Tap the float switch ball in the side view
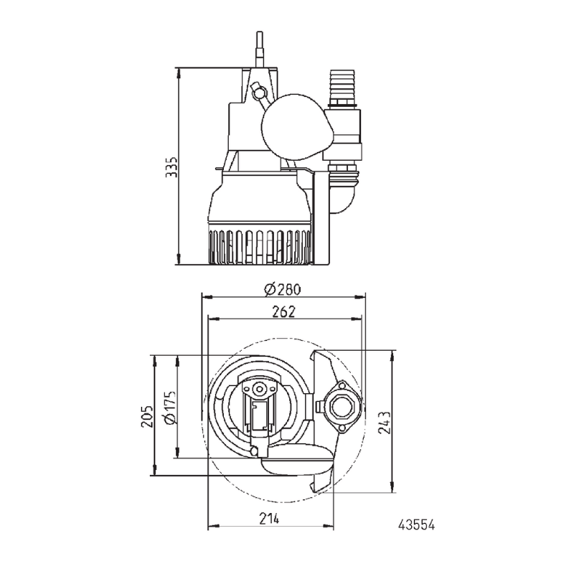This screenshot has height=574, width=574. [296, 127]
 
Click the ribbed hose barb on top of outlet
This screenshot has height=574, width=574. [339, 86]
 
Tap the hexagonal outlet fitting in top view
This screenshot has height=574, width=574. [339, 406]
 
